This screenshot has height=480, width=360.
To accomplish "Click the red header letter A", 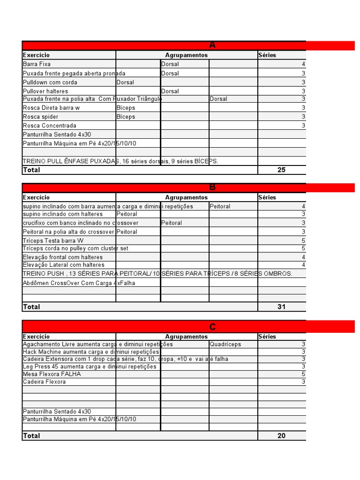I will click(x=212, y=45).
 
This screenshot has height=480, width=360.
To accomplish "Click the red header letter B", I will click(x=212, y=187).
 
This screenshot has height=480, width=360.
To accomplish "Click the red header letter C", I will click(x=212, y=327).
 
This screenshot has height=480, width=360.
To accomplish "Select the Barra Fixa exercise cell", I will click(x=37, y=64).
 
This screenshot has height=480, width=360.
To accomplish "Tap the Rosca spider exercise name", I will click(x=41, y=117).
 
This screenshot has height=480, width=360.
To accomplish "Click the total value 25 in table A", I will click(x=281, y=170).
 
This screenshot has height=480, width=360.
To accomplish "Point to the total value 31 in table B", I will click(x=281, y=307).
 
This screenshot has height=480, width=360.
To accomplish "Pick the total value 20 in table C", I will click(x=281, y=435).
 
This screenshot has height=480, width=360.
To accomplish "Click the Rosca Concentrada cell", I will click(x=49, y=126).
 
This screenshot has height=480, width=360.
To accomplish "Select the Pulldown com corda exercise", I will click(x=50, y=82).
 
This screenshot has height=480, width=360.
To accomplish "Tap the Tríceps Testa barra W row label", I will click(x=56, y=240).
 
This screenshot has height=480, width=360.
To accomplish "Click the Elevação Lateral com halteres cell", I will click(x=64, y=265).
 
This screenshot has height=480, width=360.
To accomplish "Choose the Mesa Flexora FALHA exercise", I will click(x=52, y=374).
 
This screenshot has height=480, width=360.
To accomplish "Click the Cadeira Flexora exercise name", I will click(x=45, y=382).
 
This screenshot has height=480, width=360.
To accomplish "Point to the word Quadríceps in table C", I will click(x=225, y=344).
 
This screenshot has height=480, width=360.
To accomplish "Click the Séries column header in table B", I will click(x=267, y=197).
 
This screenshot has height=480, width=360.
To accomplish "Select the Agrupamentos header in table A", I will click(x=187, y=55).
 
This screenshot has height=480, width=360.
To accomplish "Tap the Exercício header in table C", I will click(x=36, y=337).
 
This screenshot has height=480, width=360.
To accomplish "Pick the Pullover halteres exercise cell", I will click(x=45, y=91).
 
